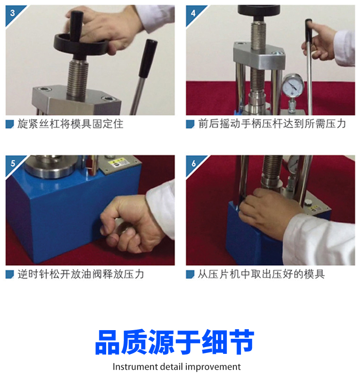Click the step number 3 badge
coord(12,13)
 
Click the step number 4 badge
coord(193,13)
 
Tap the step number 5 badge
coord(12,163)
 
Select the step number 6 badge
coord(193,163)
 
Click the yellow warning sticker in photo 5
coord(120,163)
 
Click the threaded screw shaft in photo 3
coord(77,79)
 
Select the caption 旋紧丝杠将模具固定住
coord(70,124)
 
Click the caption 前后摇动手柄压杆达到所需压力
coord(272,124)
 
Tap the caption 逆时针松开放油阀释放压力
coord(81,275)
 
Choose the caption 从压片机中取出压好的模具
coord(261,275)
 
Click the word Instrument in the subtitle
coord(135,367)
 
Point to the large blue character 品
coord(108,342)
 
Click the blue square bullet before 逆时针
coord(10,275)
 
